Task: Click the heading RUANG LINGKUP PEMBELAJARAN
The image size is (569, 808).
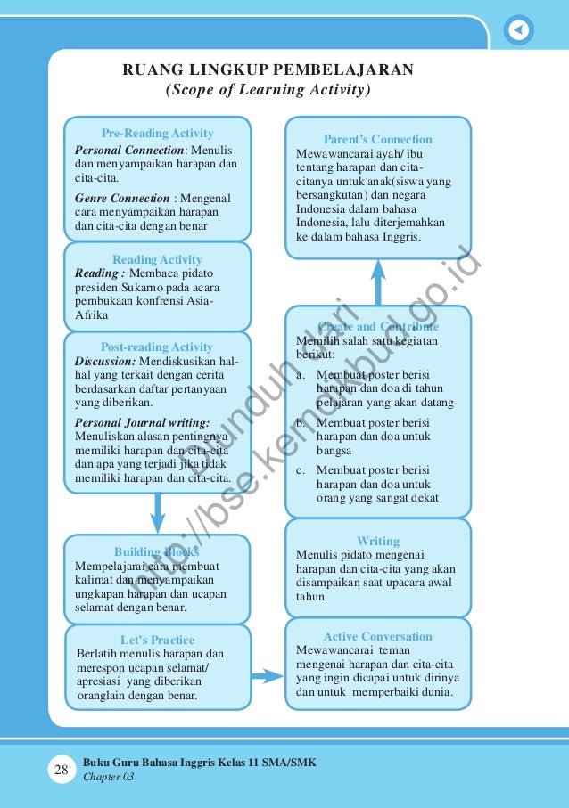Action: (268, 70)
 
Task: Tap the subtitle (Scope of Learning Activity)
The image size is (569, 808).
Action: (268, 90)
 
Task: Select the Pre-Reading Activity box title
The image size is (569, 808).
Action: (157, 134)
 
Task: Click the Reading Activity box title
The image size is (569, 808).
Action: (157, 259)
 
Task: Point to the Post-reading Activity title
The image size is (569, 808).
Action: (157, 347)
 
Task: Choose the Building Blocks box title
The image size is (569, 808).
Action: (157, 551)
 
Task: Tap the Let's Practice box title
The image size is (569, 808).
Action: (157, 640)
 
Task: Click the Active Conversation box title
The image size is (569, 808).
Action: (377, 636)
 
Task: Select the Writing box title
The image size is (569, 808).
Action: (378, 541)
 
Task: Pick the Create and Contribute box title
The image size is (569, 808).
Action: (378, 327)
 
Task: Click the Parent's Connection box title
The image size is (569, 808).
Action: (377, 140)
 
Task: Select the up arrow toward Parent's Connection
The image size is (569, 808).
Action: (378, 281)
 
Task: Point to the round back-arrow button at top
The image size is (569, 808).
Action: (518, 30)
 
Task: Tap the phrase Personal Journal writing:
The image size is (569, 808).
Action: (143, 422)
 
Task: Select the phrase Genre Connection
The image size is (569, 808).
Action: (122, 198)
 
